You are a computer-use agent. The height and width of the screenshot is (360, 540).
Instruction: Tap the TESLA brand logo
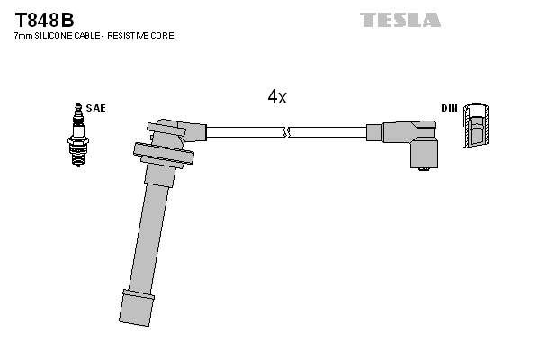400,19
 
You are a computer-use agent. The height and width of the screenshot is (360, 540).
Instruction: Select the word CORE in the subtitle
162,36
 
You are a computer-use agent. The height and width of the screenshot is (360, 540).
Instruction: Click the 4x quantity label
277,96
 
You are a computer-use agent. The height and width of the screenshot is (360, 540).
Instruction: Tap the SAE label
97,108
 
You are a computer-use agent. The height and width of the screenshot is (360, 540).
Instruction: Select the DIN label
449,108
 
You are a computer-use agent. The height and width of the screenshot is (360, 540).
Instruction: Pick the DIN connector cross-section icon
478,127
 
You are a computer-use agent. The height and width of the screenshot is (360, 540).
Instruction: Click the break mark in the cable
286,132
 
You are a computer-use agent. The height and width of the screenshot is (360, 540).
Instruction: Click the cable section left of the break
243,132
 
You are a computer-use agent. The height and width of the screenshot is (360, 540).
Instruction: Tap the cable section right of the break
328,132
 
